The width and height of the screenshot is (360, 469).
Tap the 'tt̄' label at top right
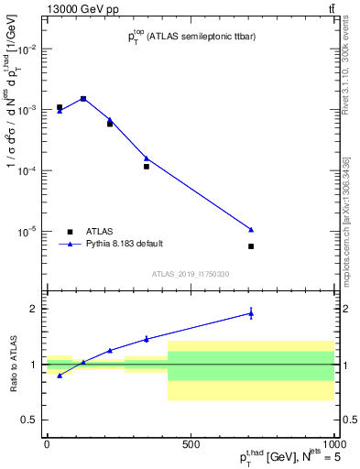point(331,9)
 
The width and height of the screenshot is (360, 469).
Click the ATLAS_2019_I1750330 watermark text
point(191,274)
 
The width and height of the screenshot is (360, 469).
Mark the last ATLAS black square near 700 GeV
point(251,246)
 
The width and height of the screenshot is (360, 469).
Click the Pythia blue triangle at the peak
point(83,98)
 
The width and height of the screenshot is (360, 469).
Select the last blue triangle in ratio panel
point(251,313)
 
